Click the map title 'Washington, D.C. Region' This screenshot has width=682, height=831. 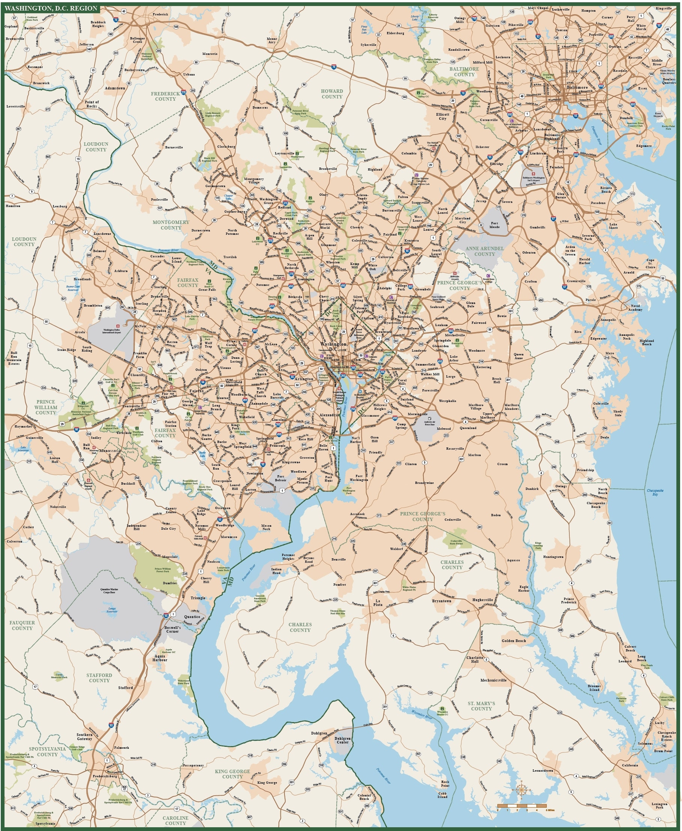click(51, 8)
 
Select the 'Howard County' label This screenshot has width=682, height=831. click(331, 94)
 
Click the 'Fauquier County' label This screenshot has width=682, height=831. click(22, 626)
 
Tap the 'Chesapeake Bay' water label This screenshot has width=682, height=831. click(655, 493)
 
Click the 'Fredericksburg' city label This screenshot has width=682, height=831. click(105, 777)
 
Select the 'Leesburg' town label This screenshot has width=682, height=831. click(60, 206)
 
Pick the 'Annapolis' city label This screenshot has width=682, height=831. click(608, 320)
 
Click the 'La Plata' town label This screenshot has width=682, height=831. click(378, 603)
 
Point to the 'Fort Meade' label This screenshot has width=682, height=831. click(494, 225)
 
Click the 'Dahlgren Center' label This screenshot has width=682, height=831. click(342, 740)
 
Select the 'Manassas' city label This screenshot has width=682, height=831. click(109, 451)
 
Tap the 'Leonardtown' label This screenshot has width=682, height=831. click(542, 771)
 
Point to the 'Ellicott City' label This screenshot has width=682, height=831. click(443, 116)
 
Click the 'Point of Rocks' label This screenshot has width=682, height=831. click(92, 104)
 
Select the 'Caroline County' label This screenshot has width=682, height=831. click(175, 820)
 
